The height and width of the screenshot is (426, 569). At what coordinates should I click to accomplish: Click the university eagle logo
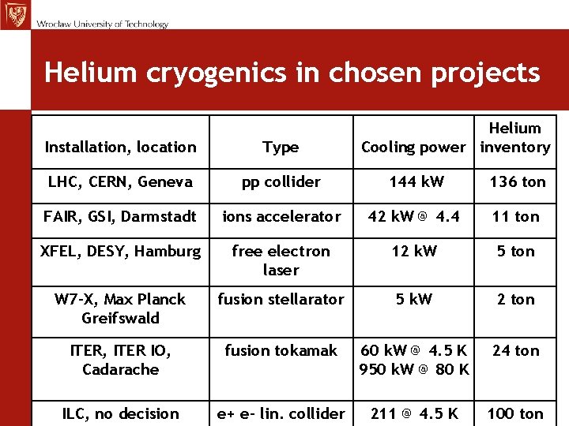pos(14,14)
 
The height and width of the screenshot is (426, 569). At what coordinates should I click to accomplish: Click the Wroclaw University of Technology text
pos(102,24)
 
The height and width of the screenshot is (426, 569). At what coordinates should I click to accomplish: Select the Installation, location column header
pos(120,147)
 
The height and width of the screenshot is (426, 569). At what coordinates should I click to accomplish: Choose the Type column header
pos(281,147)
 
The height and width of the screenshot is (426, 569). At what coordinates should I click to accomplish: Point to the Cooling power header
pos(413,147)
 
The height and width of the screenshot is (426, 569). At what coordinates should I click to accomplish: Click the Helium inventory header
pos(515,137)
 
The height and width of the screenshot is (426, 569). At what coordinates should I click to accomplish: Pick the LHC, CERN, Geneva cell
pos(120,181)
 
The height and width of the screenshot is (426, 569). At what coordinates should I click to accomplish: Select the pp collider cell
pos(281,181)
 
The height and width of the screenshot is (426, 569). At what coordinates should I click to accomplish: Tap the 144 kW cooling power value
pos(416,181)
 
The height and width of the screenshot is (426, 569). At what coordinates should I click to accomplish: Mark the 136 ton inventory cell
pos(518,181)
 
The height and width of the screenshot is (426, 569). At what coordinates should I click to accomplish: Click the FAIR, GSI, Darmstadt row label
pos(120,216)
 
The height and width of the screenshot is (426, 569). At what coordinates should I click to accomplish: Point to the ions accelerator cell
pos(281,216)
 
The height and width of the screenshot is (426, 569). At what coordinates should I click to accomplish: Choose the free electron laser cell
pos(281,260)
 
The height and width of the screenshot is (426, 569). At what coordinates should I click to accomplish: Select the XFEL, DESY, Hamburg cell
pos(120,251)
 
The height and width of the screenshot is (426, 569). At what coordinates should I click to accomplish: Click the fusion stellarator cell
pos(281,299)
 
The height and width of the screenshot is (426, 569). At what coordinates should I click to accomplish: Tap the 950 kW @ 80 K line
pos(414,368)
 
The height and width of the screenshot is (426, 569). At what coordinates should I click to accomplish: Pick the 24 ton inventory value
pos(516,350)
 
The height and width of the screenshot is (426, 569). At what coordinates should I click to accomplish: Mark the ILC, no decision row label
pos(120,413)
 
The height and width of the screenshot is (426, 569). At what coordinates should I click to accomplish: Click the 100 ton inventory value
pos(515,413)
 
